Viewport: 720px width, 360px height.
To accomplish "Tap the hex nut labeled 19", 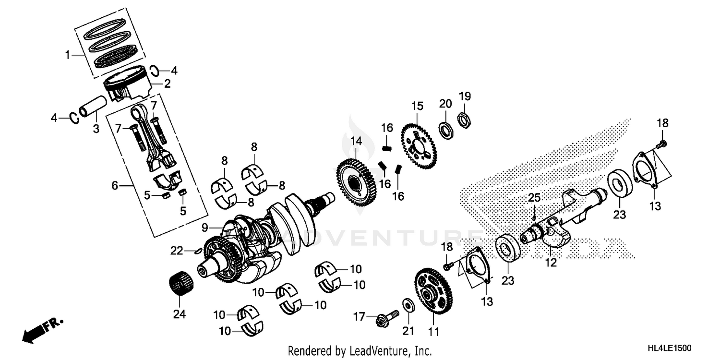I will [464, 120].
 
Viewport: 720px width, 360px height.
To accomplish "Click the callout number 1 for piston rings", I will [68, 55].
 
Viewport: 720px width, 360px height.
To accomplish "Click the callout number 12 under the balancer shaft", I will [551, 263].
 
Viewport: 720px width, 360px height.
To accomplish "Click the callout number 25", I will [534, 198].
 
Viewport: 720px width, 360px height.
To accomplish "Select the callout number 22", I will [177, 250].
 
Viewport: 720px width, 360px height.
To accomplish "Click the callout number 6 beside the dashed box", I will [114, 185].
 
